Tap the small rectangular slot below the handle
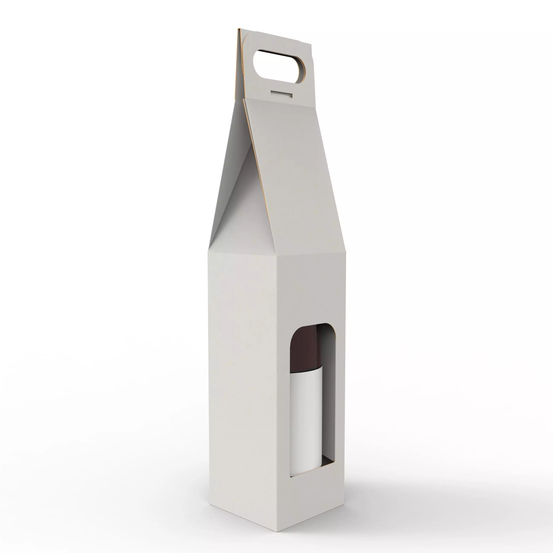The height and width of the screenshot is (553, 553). [x=282, y=94]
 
